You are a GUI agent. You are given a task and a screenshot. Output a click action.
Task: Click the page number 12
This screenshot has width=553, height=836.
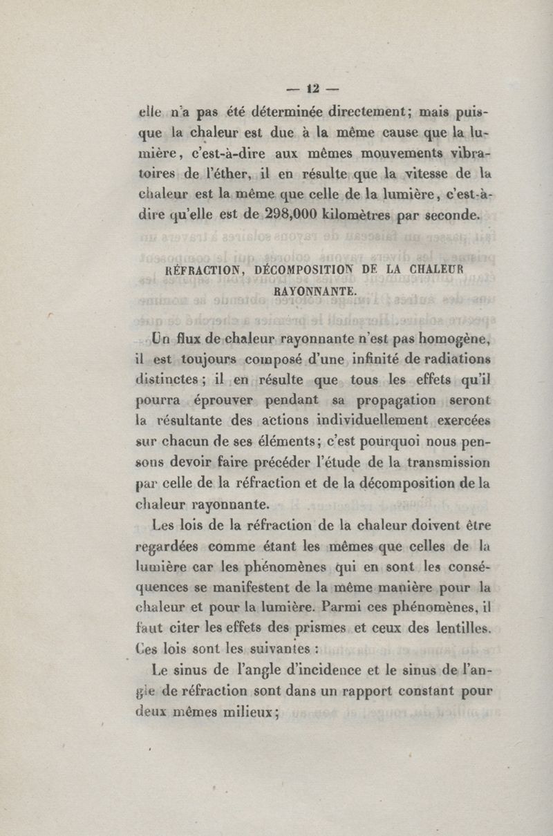(x=311, y=88)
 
